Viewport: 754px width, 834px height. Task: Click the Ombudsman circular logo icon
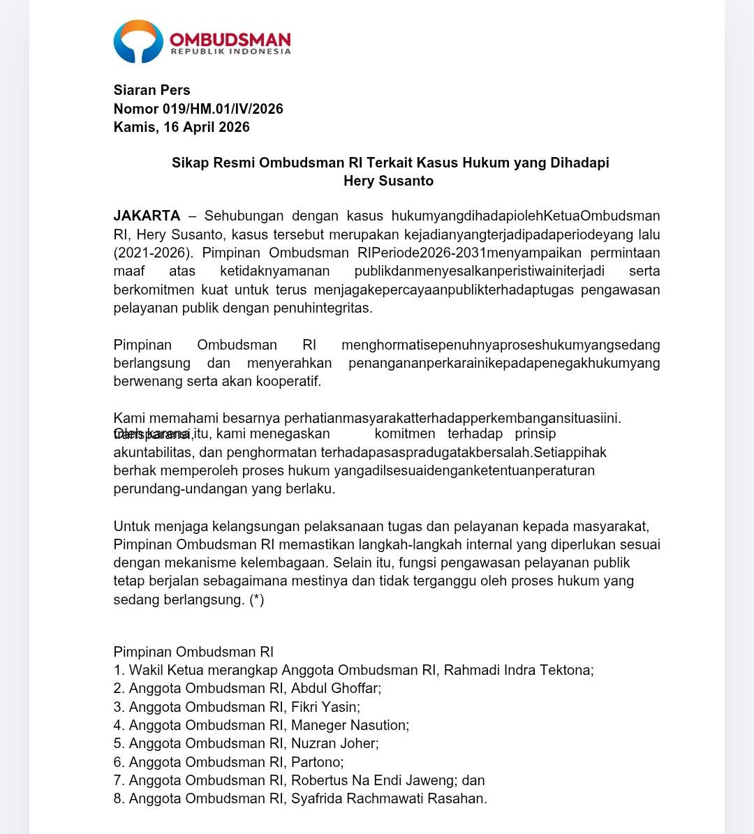pyautogui.click(x=138, y=42)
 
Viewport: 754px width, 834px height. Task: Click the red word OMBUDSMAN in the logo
pyautogui.click(x=230, y=39)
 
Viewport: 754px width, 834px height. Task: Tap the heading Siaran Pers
pyautogui.click(x=151, y=90)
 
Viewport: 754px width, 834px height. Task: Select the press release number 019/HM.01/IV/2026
pyautogui.click(x=223, y=109)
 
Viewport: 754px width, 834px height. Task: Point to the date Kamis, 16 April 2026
pyautogui.click(x=182, y=127)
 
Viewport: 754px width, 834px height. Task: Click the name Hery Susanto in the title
pyautogui.click(x=388, y=181)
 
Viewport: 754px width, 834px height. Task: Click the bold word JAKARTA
pyautogui.click(x=147, y=216)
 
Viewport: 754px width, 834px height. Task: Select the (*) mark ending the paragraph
pyautogui.click(x=256, y=600)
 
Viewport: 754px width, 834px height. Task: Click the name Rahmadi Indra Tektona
pyautogui.click(x=517, y=670)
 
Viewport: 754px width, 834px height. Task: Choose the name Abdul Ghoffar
pyautogui.click(x=335, y=689)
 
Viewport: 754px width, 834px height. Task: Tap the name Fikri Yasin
pyautogui.click(x=325, y=707)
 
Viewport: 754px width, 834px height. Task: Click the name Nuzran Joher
pyautogui.click(x=334, y=743)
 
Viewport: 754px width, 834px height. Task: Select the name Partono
pyautogui.click(x=316, y=762)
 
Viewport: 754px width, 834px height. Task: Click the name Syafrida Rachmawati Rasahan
pyautogui.click(x=388, y=798)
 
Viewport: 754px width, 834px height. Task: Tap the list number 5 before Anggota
pyautogui.click(x=119, y=743)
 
